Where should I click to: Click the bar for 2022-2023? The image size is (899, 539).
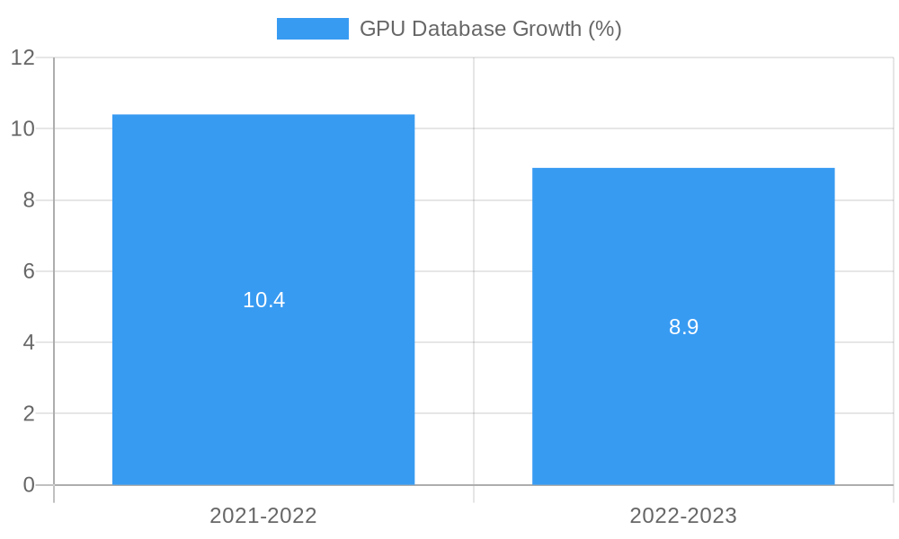683,404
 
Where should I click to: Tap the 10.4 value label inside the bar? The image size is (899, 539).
263,300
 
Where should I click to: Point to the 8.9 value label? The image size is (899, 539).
683,327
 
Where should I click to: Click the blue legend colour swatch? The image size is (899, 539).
312,29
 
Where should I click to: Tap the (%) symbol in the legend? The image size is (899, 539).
605,29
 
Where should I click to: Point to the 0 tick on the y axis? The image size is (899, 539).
29,485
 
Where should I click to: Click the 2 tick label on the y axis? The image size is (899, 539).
29,414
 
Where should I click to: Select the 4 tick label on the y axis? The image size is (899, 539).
29,342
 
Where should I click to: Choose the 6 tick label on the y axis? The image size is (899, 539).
29,271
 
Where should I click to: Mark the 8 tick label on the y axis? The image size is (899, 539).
29,200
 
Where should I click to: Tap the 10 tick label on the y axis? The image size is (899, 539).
22,128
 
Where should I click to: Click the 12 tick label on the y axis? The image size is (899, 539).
22,57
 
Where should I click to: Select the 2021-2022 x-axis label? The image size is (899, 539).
263,516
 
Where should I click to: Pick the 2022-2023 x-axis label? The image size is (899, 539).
683,516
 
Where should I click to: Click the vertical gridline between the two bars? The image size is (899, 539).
474,269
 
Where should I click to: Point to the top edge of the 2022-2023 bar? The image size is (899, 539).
683,168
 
